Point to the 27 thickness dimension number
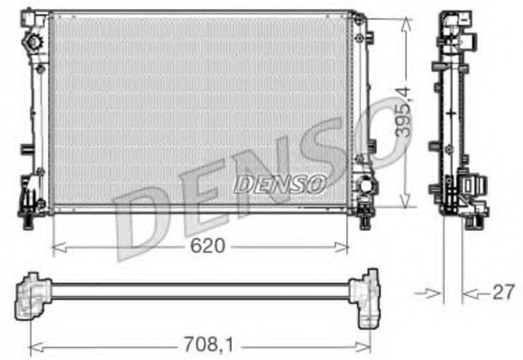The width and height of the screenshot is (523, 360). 502,292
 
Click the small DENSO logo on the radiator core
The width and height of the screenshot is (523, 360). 280,183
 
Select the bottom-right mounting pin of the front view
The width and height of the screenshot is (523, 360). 364,217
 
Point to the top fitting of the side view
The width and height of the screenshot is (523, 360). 454,20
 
